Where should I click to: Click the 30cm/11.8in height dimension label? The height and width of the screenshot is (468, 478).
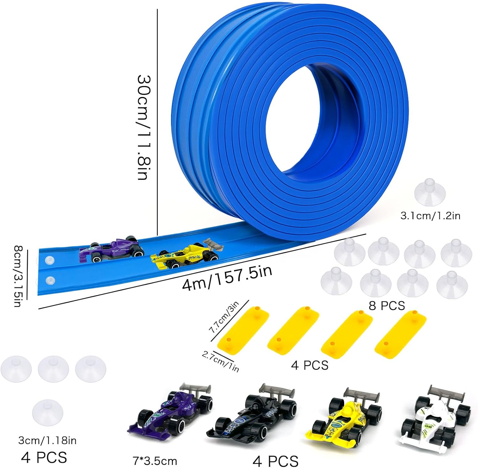click(143, 127)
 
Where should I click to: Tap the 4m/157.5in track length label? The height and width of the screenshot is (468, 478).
click(227, 277)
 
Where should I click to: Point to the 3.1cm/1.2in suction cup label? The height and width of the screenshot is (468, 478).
click(430, 216)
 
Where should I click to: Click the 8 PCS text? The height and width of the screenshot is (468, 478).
click(387, 306)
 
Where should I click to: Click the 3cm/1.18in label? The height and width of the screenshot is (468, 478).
click(47, 441)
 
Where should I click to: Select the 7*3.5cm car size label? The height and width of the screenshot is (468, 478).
click(155, 461)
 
